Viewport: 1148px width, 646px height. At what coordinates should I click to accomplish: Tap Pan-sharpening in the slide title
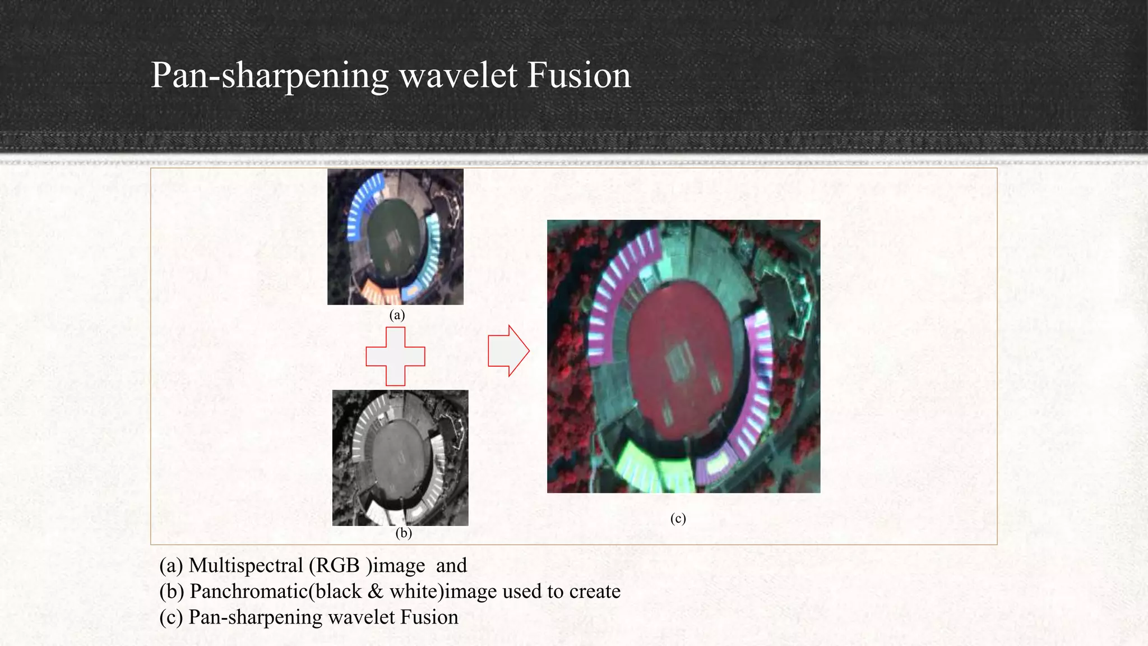(270, 76)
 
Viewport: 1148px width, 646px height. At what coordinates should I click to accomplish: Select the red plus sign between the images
(395, 357)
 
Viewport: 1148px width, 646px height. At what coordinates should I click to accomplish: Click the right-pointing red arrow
(508, 350)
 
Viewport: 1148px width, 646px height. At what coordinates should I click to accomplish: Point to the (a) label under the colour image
(397, 315)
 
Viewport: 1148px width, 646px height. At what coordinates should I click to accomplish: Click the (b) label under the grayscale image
(404, 533)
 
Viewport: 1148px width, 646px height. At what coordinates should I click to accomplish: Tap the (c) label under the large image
(678, 518)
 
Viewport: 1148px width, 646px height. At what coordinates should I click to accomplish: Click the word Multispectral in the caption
(246, 565)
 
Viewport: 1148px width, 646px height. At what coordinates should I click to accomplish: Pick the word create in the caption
(595, 591)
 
